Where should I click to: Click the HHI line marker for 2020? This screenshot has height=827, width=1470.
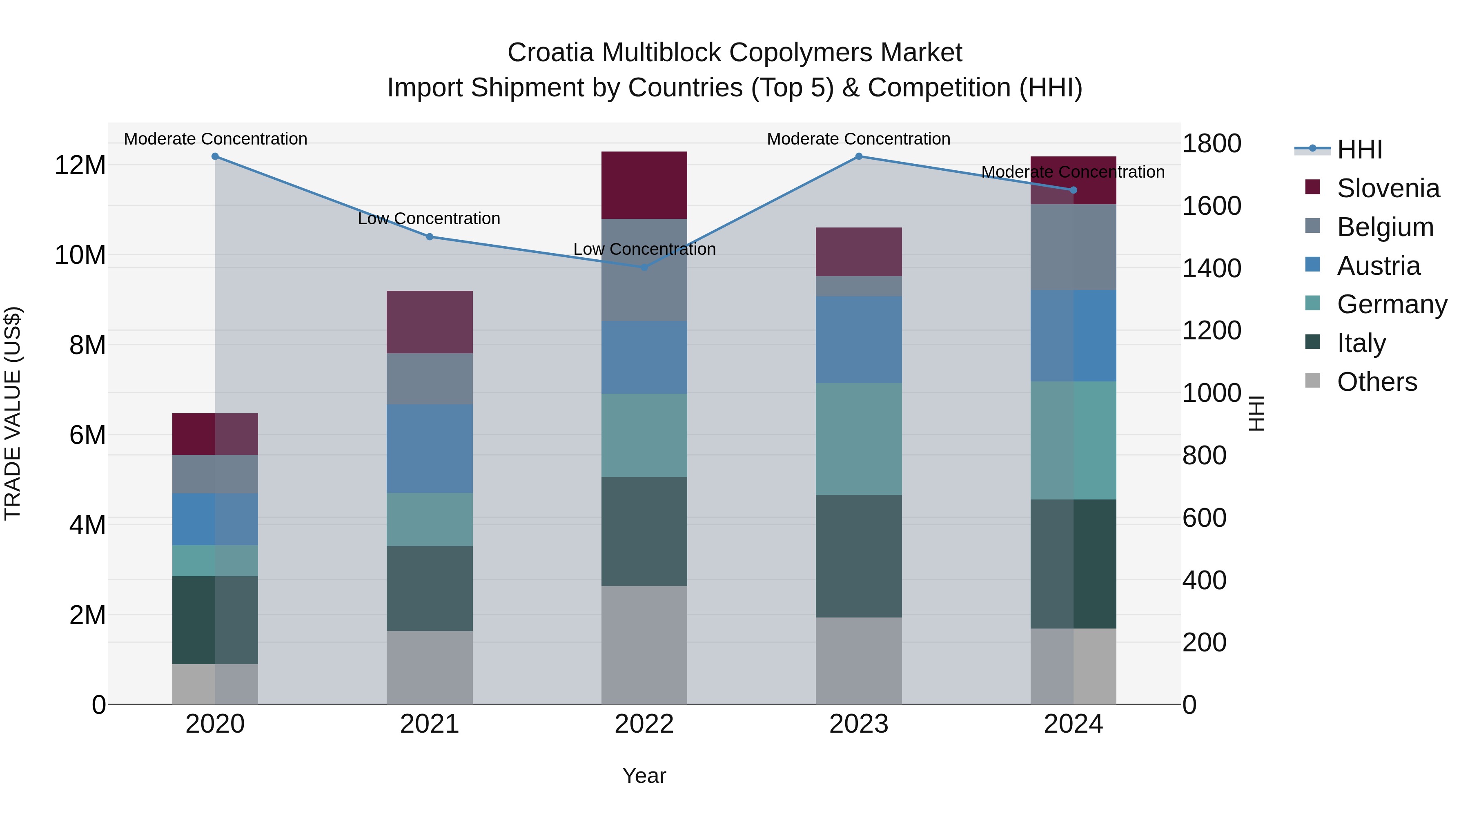(x=215, y=156)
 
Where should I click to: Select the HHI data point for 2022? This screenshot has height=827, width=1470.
(x=644, y=267)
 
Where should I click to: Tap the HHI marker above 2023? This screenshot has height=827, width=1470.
(x=859, y=156)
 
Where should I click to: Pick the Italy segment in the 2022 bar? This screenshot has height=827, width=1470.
(x=644, y=531)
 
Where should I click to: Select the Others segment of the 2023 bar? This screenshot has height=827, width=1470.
(x=859, y=660)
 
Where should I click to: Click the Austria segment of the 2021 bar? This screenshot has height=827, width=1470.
(x=430, y=448)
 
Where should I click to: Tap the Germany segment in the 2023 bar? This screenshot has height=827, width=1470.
(x=859, y=439)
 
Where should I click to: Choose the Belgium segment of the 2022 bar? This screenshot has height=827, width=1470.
(x=644, y=270)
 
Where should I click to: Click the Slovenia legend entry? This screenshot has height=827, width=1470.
(x=1388, y=188)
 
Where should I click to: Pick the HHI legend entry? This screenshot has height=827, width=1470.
(x=1359, y=149)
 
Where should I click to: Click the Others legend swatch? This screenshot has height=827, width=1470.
(x=1312, y=381)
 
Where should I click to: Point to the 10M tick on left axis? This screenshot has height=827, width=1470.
(x=80, y=255)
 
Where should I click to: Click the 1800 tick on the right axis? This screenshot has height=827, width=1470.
(x=1211, y=143)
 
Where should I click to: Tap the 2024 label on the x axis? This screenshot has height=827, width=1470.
(x=1073, y=724)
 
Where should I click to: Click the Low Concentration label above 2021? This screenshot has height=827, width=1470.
(x=429, y=218)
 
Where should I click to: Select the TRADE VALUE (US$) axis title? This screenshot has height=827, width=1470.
(x=13, y=413)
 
